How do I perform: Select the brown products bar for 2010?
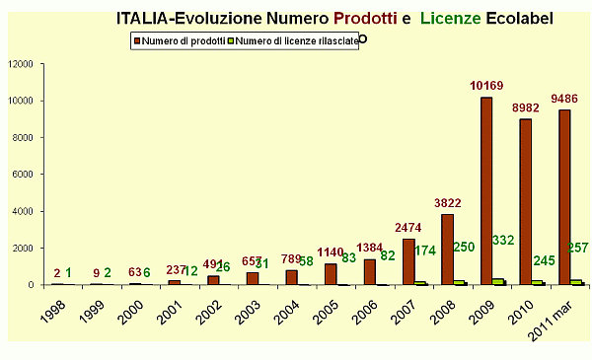pos(526,202)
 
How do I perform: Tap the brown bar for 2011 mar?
pos(564,197)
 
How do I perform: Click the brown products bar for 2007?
pos(408,261)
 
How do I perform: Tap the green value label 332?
pos(503,241)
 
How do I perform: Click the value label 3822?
pos(447,204)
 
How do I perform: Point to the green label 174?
pos(425,252)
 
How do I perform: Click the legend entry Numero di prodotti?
pos(180,40)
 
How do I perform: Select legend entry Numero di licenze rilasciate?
pos(292,40)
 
